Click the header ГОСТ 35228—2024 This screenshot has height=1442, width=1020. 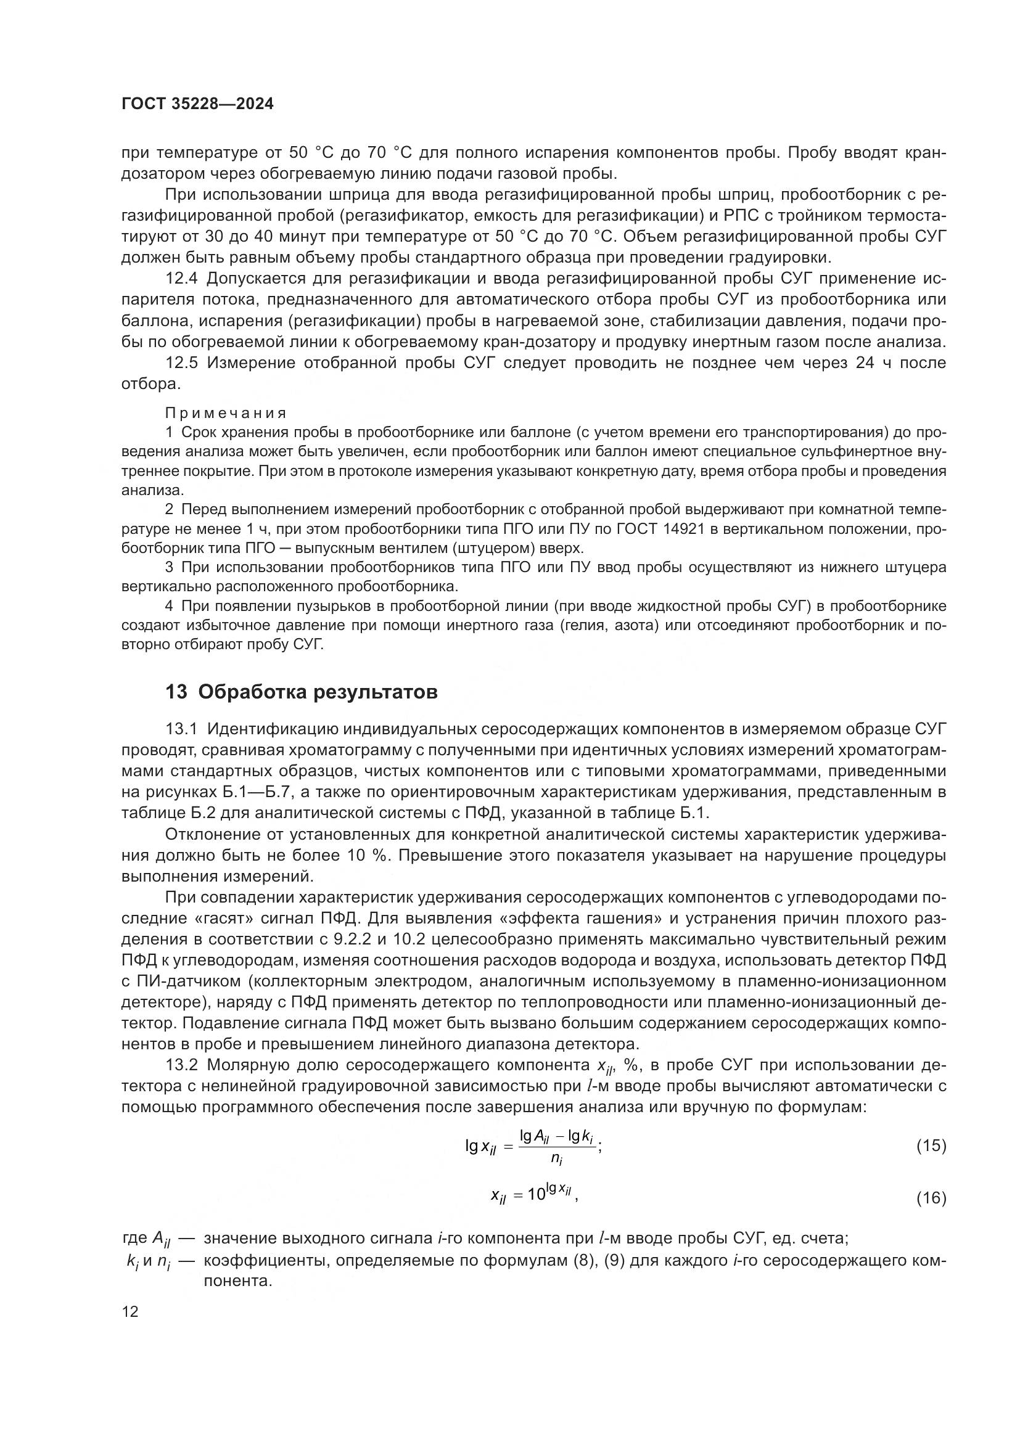(x=197, y=104)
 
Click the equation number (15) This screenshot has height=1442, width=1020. (x=931, y=1145)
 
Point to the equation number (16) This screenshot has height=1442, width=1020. (x=931, y=1198)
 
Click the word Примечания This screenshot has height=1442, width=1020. (x=226, y=412)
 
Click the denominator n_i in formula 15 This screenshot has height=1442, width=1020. (x=556, y=1160)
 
